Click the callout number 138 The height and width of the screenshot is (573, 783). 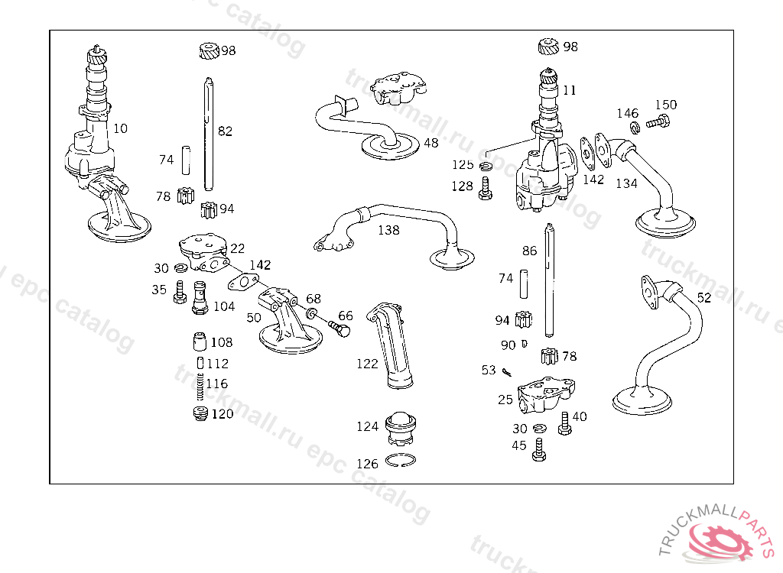(388, 230)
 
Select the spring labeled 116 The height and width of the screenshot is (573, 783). (200, 387)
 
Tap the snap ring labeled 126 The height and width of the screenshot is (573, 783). (401, 460)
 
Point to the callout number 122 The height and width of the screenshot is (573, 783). (367, 364)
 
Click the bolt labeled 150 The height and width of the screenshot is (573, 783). (658, 121)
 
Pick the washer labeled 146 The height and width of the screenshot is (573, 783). (635, 128)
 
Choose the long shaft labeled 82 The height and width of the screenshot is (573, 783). (208, 134)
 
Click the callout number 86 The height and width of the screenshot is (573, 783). (529, 251)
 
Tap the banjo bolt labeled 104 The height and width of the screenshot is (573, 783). (200, 297)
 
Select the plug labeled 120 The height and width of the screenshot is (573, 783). (200, 413)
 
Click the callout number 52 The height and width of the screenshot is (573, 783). (703, 297)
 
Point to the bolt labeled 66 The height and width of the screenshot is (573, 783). (339, 329)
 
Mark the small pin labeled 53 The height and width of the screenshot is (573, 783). (507, 372)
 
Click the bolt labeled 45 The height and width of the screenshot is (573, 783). (539, 449)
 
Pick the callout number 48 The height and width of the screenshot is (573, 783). (430, 144)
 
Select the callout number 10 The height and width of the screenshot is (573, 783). (120, 129)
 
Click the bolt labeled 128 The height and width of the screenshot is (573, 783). (485, 189)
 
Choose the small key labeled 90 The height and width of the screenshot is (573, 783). (524, 344)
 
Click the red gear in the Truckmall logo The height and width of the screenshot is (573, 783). (720, 542)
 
